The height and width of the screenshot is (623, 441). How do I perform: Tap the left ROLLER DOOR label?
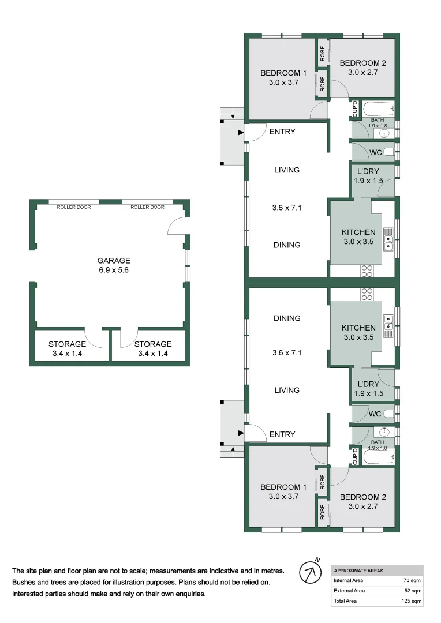click(x=73, y=207)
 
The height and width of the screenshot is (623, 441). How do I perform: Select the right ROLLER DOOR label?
click(x=147, y=207)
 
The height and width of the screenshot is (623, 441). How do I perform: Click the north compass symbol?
click(x=310, y=573)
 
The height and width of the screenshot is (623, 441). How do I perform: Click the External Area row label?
click(x=349, y=591)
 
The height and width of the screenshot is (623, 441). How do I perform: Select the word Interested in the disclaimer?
click(x=29, y=594)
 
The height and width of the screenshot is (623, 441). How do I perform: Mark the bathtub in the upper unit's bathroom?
click(x=378, y=108)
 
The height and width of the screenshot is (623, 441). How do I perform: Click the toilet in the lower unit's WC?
click(x=389, y=414)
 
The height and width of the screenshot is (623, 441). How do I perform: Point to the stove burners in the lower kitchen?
click(x=367, y=294)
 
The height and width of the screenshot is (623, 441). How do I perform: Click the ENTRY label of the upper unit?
click(x=282, y=132)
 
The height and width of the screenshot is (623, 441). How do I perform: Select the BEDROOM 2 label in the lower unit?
click(x=362, y=497)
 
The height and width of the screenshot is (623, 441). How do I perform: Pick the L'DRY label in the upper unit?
click(x=368, y=172)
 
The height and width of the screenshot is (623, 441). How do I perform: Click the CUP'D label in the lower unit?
click(x=355, y=456)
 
